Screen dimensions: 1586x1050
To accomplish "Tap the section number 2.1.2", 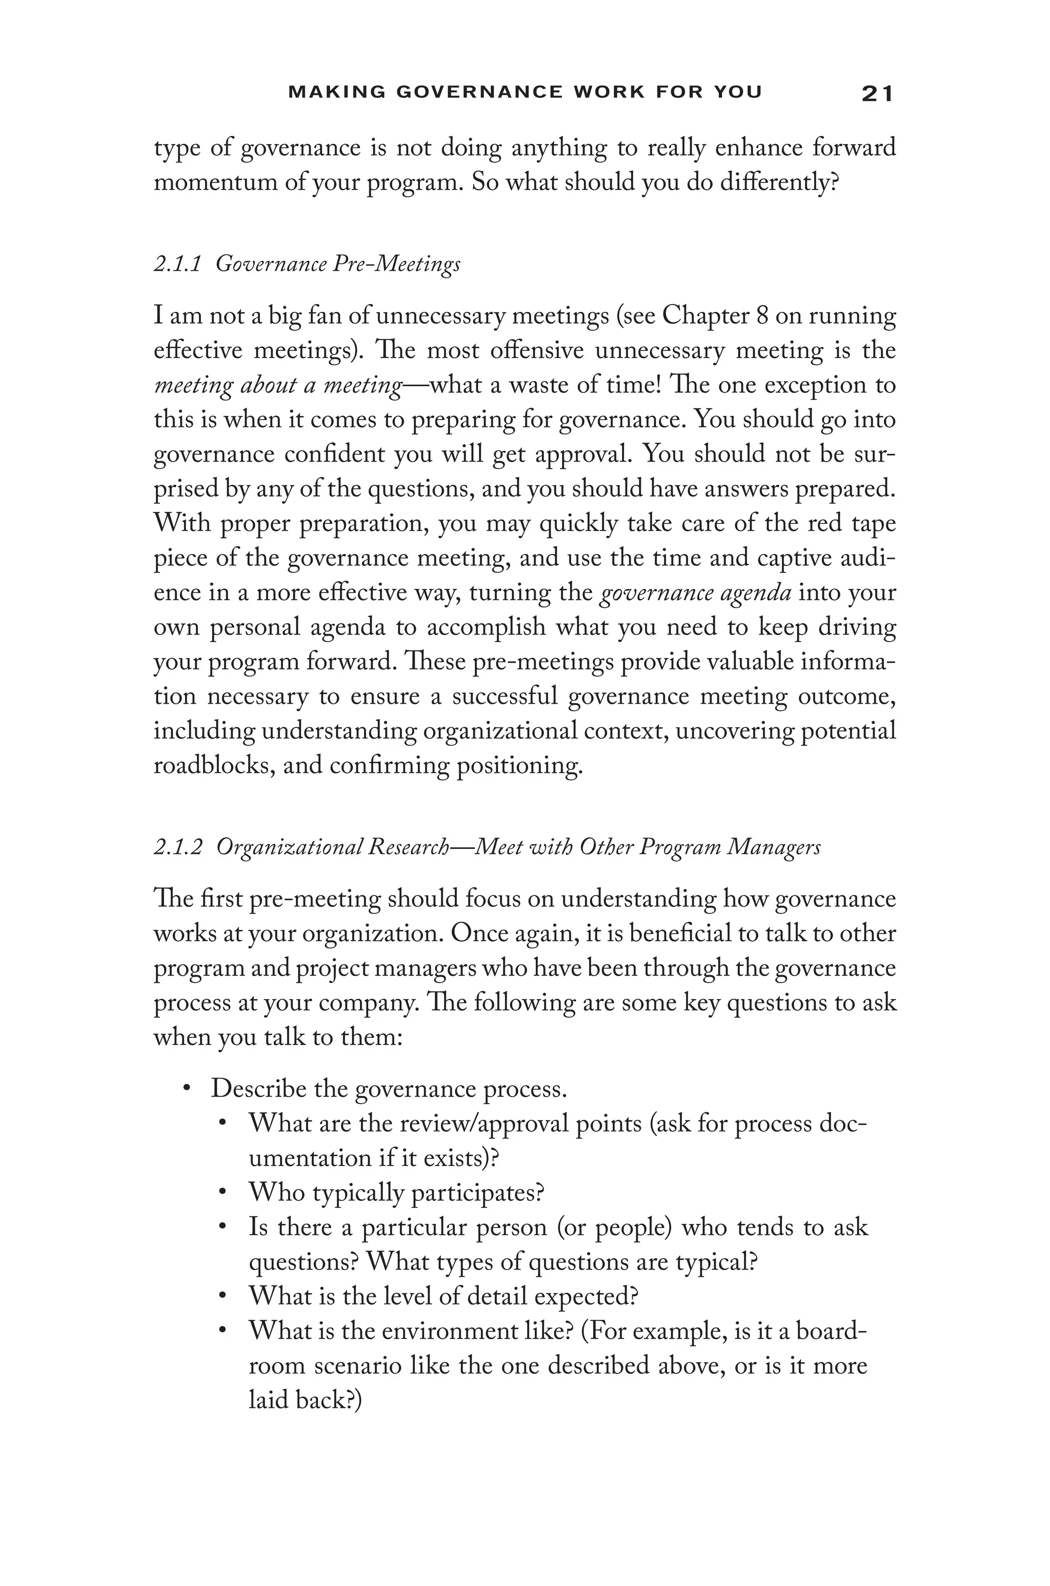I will pyautogui.click(x=177, y=847).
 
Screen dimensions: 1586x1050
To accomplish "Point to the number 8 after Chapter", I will pyautogui.click(x=762, y=315).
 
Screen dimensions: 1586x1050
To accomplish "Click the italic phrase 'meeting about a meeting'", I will pyautogui.click(x=278, y=386).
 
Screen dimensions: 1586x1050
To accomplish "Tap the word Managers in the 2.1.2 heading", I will pyautogui.click(x=774, y=847).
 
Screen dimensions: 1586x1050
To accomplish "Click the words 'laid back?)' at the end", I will pyautogui.click(x=305, y=1400).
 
